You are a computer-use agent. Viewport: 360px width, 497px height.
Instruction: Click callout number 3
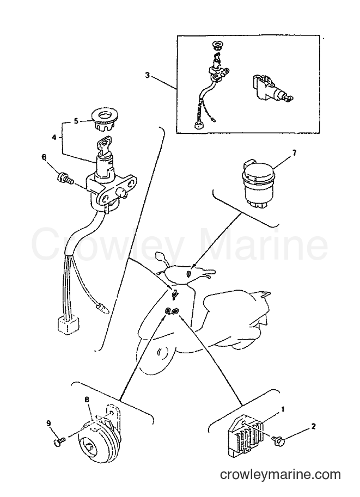(147, 75)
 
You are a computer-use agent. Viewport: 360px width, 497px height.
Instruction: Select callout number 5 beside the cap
(76, 121)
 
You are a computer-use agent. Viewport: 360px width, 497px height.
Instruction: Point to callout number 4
(54, 138)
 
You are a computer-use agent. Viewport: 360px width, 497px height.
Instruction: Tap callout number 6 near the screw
(44, 157)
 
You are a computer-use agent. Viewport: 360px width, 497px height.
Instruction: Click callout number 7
(294, 153)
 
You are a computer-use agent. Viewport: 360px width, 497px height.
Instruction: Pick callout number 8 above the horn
(87, 400)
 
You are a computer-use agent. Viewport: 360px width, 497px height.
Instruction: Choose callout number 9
(48, 424)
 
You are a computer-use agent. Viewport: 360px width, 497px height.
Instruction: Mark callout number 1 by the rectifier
(283, 409)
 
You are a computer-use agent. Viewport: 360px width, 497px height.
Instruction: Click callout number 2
(313, 426)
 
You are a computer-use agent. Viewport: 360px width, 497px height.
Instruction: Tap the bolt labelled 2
(278, 439)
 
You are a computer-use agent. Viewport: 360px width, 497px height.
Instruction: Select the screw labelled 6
(65, 178)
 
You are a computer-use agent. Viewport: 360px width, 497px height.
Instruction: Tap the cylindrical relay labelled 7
(258, 185)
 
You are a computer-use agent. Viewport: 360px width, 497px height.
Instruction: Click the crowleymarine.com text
(280, 475)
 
